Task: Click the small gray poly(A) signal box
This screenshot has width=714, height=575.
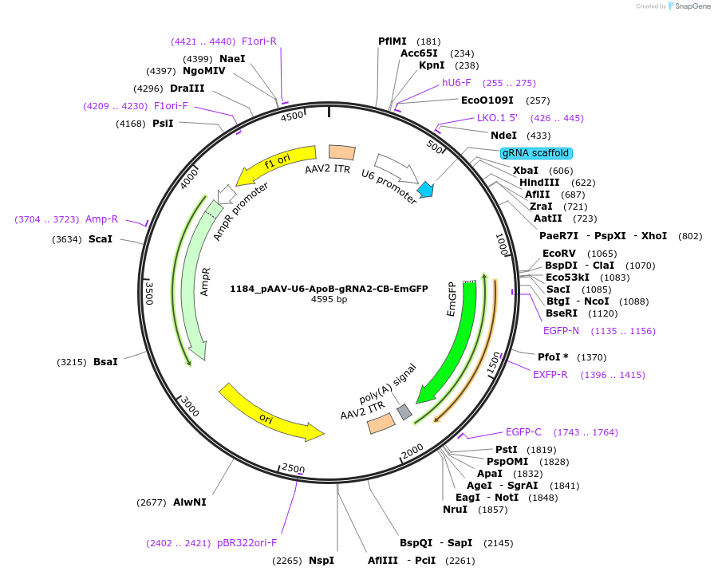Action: [404, 412]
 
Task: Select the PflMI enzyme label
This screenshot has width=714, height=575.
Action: [393, 41]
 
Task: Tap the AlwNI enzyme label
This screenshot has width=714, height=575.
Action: [190, 502]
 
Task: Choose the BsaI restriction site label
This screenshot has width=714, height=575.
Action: [105, 362]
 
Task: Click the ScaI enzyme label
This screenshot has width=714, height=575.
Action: [101, 239]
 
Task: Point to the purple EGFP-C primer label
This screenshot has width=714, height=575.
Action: [523, 432]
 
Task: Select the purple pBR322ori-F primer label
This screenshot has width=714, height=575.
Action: [247, 543]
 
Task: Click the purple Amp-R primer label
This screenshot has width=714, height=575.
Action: [101, 219]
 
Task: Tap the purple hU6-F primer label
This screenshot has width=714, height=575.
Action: [456, 83]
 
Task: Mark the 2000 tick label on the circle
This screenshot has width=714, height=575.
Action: [412, 451]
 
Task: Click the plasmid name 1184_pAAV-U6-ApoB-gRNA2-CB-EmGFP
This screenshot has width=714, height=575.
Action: [329, 288]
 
